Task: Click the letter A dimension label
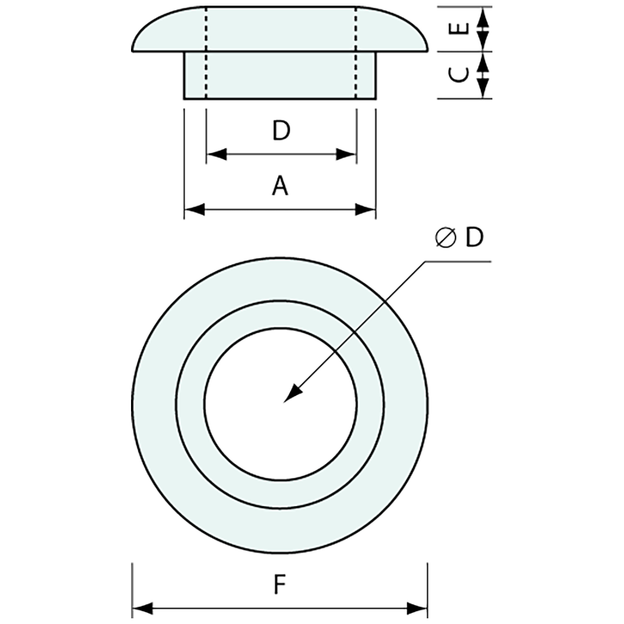tap(280, 186)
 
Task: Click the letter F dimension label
tap(279, 584)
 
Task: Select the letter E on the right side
tap(462, 28)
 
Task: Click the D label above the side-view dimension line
tap(280, 131)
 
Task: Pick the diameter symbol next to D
tap(446, 238)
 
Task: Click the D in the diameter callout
tap(474, 238)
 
